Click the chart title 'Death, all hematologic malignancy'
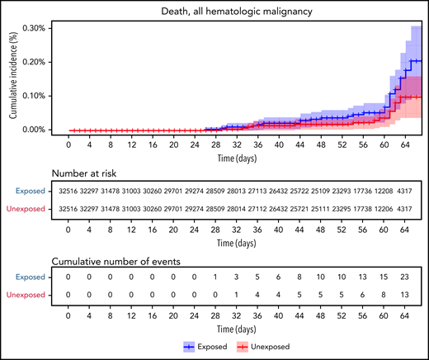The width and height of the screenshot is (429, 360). coord(237,10)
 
